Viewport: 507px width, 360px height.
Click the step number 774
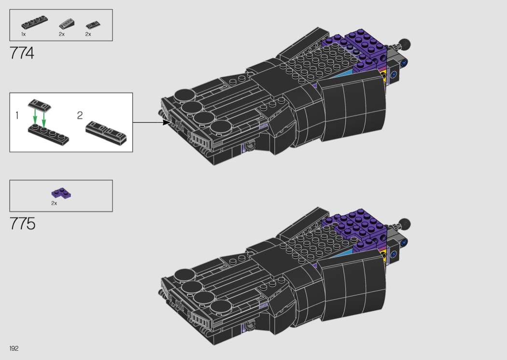pos(22,53)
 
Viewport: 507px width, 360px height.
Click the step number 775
pos(22,223)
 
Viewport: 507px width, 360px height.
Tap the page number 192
pos(14,348)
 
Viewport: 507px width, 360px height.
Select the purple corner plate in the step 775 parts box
pos(61,193)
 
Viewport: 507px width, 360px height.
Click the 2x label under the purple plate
pos(54,203)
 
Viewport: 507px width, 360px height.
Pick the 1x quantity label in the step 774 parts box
pos(24,34)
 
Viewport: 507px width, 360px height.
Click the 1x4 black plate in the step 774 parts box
pos(34,23)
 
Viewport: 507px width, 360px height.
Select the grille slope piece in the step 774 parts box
pos(67,24)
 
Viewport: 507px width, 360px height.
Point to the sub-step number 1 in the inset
pos(17,115)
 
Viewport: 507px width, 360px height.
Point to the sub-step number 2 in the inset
pos(80,115)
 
